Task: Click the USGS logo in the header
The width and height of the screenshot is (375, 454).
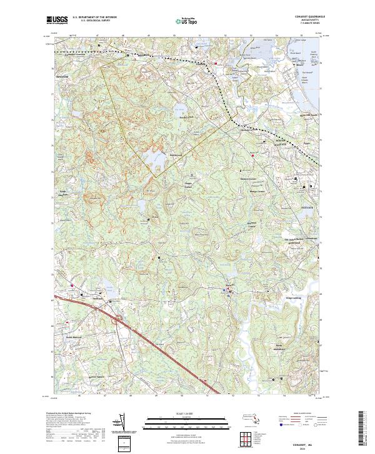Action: (x=57, y=20)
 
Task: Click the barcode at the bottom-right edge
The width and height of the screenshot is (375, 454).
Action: (x=361, y=428)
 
